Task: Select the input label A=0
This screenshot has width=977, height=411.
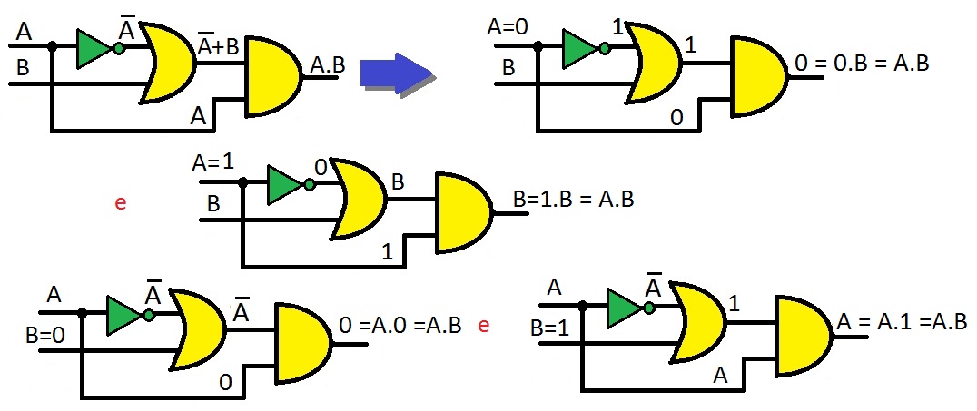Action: tap(508, 27)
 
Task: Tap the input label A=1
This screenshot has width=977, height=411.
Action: tap(212, 164)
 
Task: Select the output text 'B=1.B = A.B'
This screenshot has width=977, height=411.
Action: tap(572, 199)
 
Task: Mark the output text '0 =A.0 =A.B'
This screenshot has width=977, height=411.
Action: tap(400, 324)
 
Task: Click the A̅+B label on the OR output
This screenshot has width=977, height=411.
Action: tap(218, 45)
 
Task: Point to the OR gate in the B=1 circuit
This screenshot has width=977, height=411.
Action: tap(697, 321)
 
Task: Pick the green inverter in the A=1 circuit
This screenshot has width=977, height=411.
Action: tap(285, 185)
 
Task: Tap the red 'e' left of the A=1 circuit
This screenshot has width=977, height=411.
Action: tap(120, 202)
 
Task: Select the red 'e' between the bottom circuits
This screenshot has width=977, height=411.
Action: tap(483, 324)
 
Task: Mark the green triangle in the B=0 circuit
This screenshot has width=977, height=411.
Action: tap(124, 315)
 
